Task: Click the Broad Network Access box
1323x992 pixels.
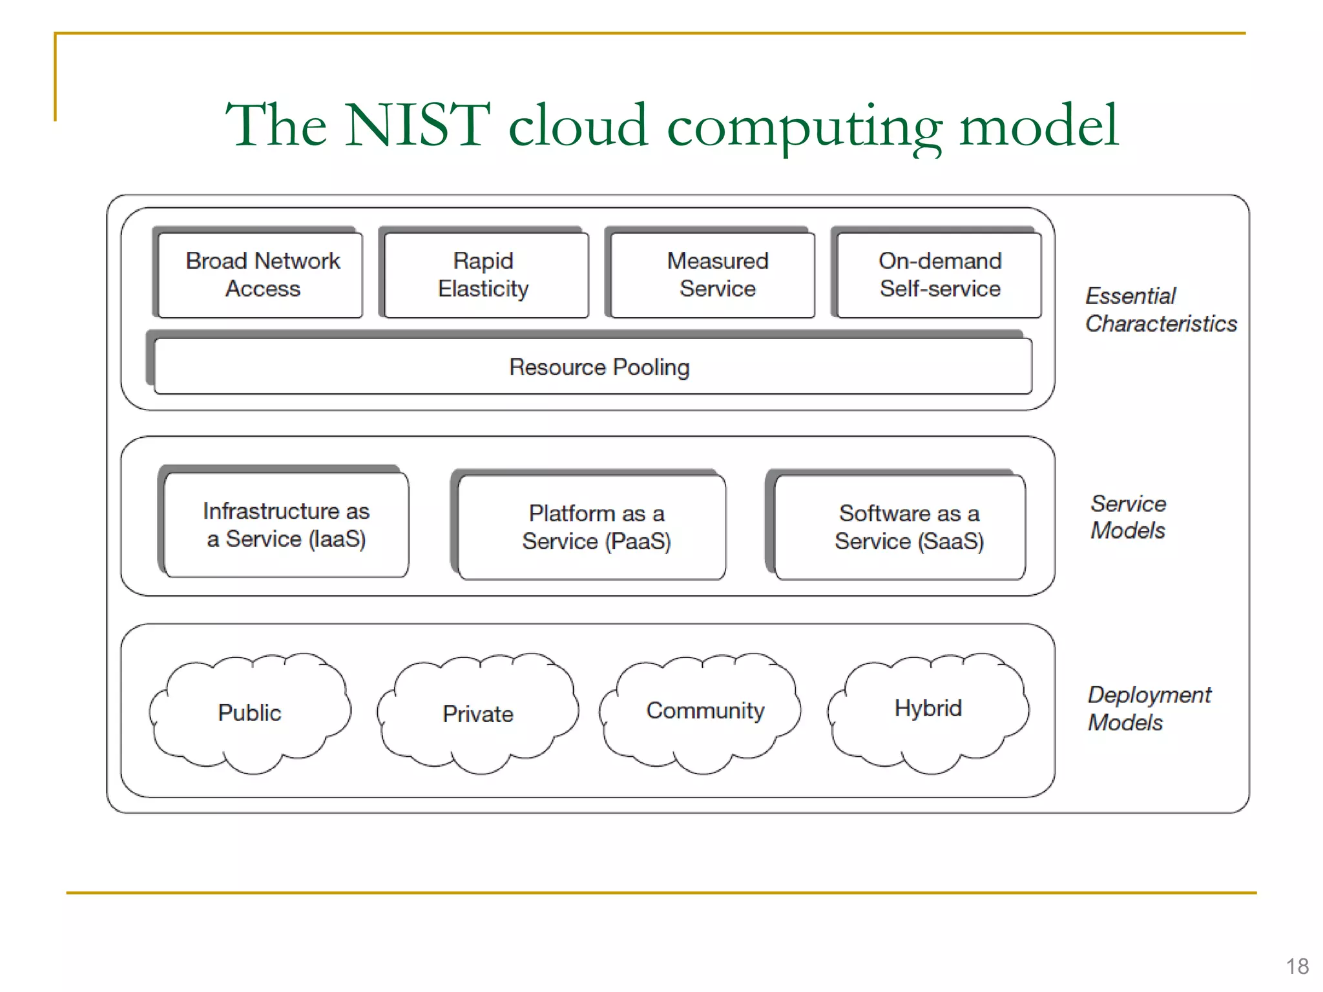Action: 261,274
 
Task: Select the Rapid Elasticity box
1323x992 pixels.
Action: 485,274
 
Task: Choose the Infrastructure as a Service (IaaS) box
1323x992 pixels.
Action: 286,524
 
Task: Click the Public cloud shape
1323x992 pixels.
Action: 249,712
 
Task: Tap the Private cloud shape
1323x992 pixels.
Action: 478,713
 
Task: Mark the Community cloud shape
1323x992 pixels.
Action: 705,710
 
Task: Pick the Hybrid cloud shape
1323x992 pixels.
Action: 928,708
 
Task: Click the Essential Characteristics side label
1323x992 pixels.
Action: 1160,309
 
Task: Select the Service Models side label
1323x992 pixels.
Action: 1128,517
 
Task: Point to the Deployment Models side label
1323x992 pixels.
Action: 1149,708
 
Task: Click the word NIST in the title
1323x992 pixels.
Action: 417,125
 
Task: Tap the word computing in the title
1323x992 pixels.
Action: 804,127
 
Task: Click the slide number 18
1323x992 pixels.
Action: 1297,966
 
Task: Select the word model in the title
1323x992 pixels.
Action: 1039,125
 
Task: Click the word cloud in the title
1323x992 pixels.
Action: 578,125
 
